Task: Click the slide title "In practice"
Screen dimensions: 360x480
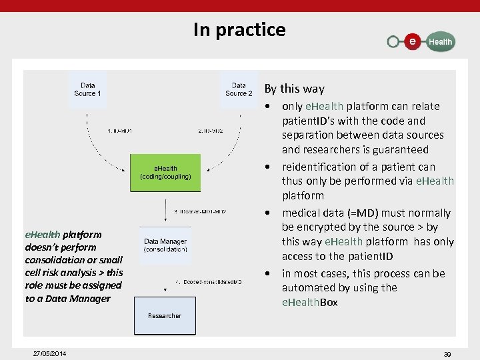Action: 239,30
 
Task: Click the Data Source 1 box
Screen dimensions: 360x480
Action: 88,89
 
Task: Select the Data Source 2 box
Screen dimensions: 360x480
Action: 239,89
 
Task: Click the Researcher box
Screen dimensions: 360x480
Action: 165,315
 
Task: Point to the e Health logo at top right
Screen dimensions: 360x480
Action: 421,41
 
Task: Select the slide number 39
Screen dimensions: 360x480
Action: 447,354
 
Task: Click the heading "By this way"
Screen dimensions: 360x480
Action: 295,89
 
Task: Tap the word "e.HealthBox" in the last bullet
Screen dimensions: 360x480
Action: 310,302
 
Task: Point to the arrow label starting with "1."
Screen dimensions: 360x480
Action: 120,131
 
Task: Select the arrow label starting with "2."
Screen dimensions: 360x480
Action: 211,131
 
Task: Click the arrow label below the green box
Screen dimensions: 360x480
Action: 200,212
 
